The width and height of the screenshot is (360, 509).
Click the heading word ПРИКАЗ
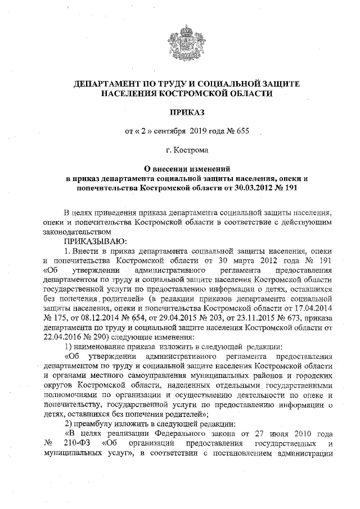coord(180,112)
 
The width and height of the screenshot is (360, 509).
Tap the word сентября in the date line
coord(169,132)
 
